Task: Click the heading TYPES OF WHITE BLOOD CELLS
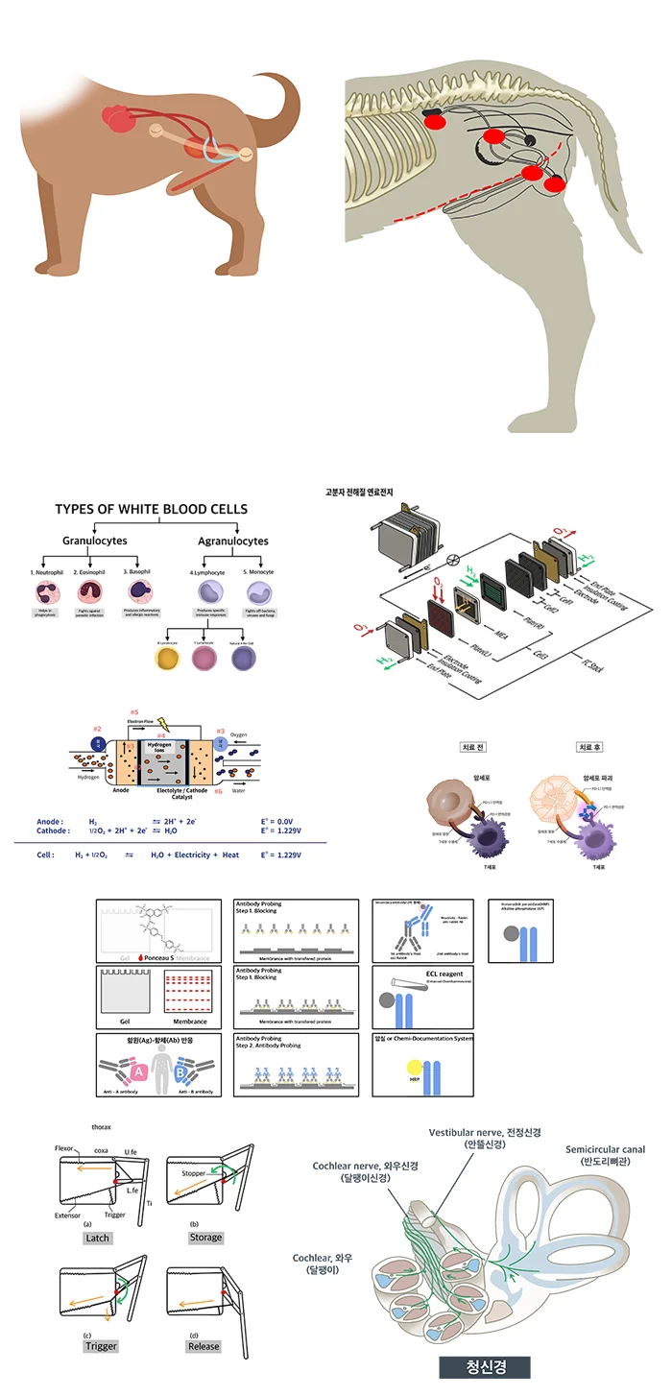151,510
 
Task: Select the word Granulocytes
94,542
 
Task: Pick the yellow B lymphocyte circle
170,658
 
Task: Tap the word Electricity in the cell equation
191,854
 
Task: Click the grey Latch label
98,1238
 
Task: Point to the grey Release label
204,1346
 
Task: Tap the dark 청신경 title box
485,1366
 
